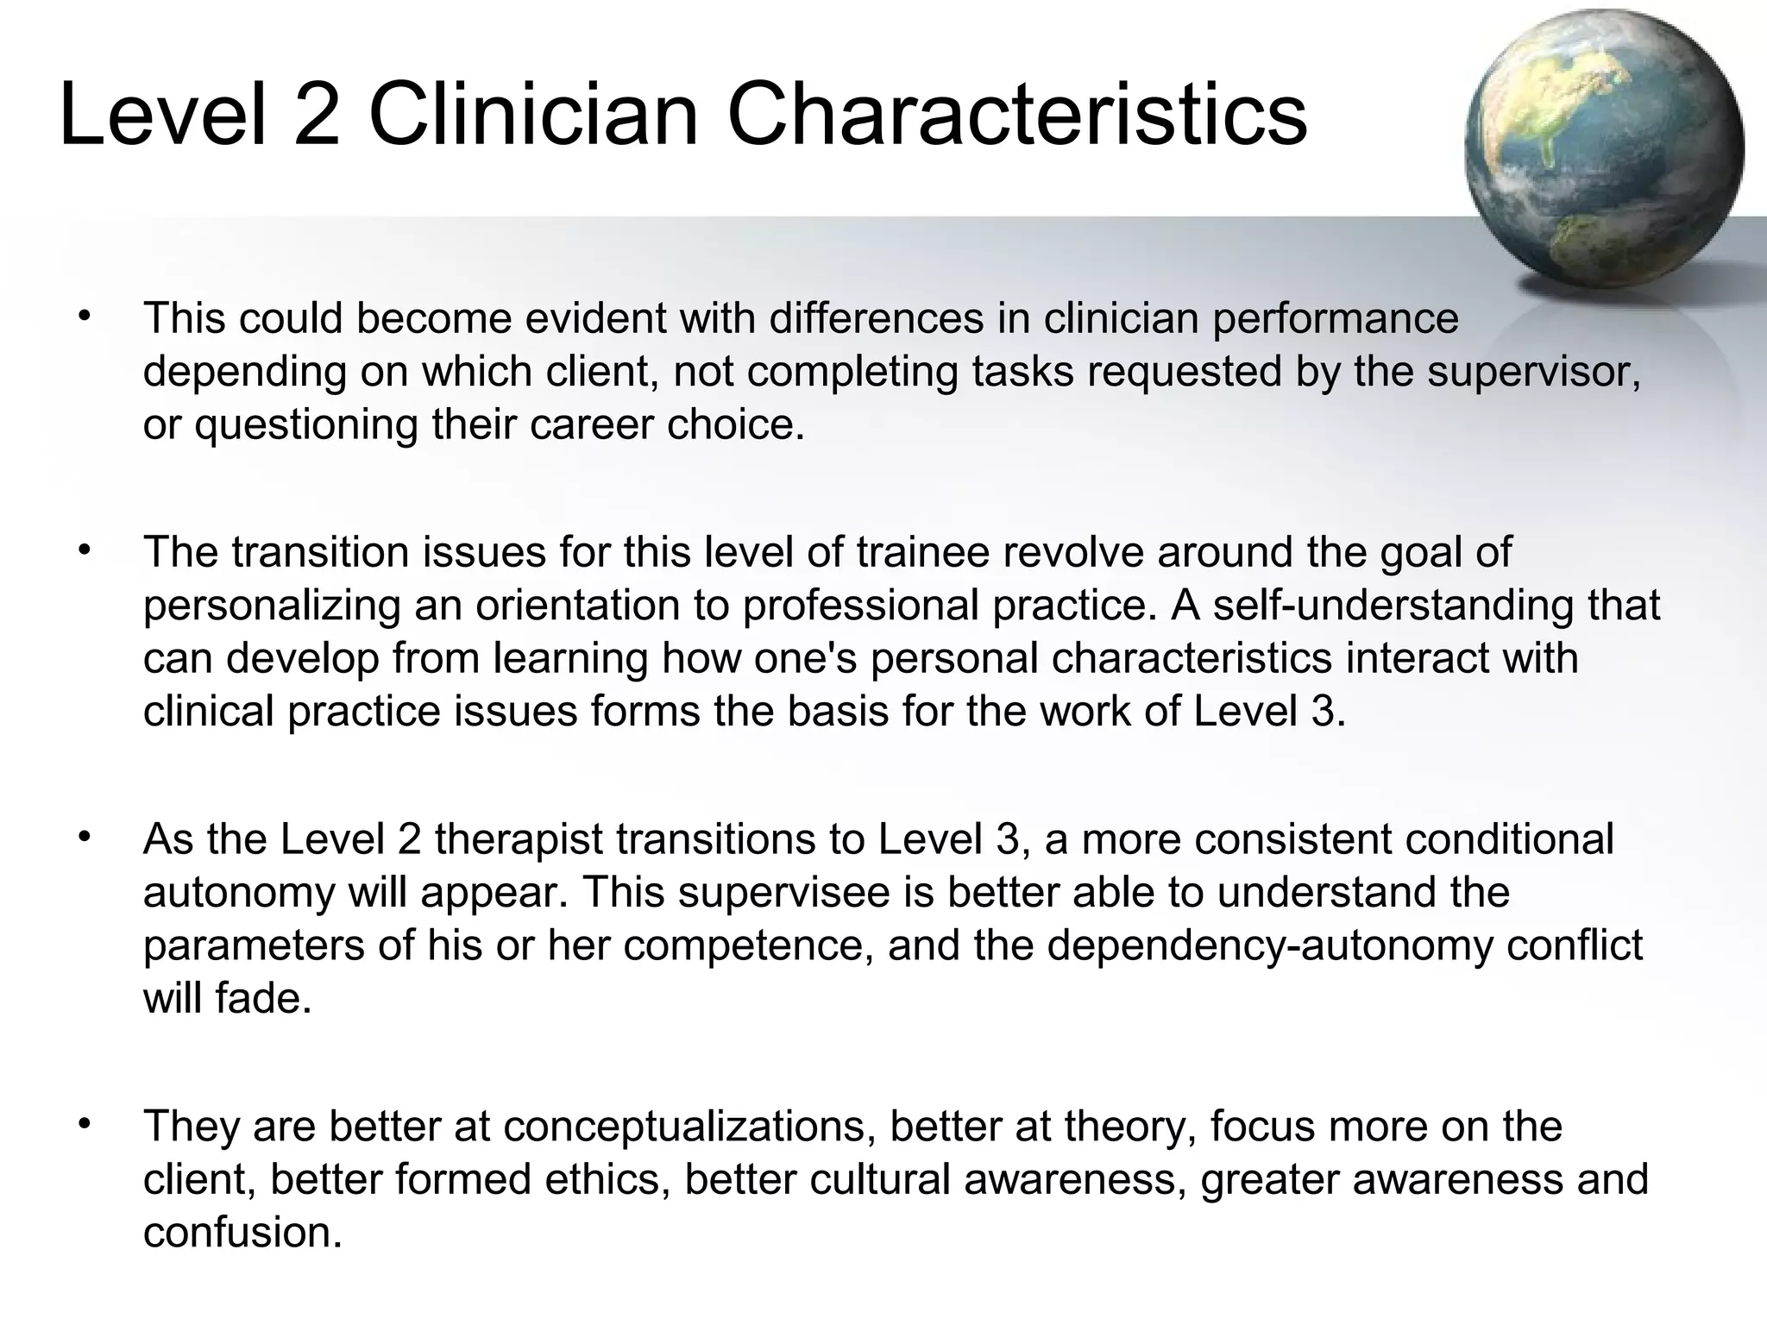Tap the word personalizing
click(x=272, y=606)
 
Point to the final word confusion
click(x=242, y=1233)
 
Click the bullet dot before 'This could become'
click(x=84, y=316)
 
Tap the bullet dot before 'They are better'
click(x=84, y=1124)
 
